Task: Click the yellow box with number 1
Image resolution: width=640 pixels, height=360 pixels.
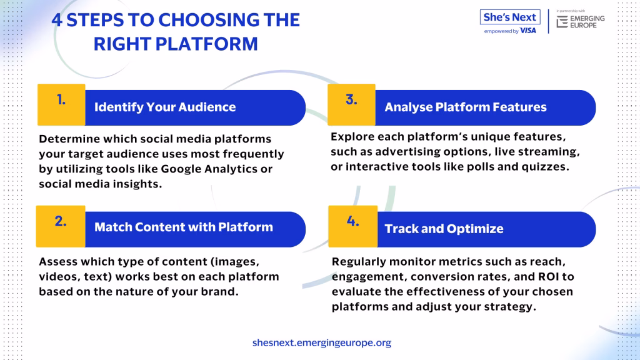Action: pos(61,104)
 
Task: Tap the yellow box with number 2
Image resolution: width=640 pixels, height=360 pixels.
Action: pos(61,226)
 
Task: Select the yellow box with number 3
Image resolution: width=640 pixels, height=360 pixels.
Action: pos(351,104)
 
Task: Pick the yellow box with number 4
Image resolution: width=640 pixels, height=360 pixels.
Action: pos(353,226)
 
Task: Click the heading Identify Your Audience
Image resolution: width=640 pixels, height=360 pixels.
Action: pos(165,107)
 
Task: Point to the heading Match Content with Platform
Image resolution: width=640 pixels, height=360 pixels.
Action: pos(184,227)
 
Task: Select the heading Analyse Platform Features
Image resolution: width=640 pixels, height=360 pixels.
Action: pos(465,107)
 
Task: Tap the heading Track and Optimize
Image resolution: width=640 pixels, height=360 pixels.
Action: pos(444,229)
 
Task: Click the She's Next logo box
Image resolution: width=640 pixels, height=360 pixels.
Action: pos(510,17)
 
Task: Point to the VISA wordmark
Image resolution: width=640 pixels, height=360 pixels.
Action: pos(528,31)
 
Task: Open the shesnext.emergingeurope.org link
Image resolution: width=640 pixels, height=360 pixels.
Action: pos(322,342)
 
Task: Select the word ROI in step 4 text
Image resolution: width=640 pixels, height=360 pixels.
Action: pos(549,277)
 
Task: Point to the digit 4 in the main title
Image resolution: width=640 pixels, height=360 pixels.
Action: pos(57,20)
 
